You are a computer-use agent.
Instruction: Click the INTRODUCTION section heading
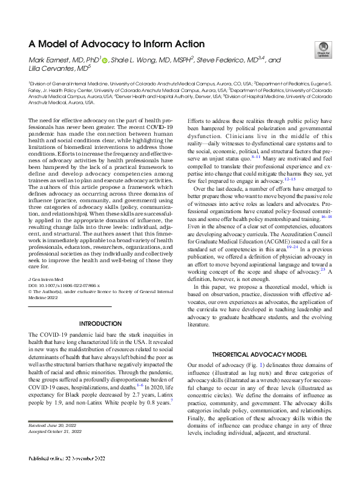click(x=101, y=323)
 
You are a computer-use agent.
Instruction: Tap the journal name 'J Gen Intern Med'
click(x=47, y=278)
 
